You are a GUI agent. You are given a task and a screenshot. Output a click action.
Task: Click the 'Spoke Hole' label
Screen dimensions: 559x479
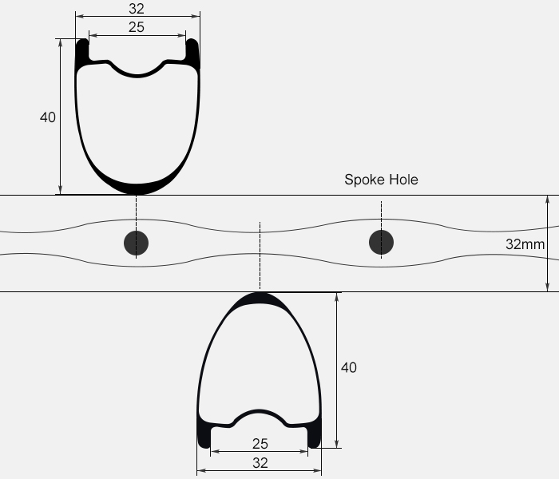[x=381, y=180]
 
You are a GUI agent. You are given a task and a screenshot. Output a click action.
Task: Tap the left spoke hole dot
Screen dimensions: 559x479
[x=137, y=243]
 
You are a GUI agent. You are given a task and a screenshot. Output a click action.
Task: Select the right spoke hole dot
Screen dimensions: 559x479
[x=381, y=243]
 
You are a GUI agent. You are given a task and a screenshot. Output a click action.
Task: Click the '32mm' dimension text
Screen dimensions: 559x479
[x=525, y=244]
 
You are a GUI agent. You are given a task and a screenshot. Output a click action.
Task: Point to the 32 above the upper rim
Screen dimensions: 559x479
[x=137, y=9]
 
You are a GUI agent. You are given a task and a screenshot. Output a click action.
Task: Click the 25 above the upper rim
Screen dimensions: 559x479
[x=137, y=27]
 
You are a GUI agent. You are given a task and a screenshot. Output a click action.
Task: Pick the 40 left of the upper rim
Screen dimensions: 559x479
[x=48, y=117]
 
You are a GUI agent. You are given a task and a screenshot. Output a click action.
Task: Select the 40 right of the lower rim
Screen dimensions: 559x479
[x=349, y=367]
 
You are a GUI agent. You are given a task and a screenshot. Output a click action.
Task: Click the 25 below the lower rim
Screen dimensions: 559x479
[x=260, y=444]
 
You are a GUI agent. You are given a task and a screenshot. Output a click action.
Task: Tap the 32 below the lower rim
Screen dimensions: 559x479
[x=260, y=463]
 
